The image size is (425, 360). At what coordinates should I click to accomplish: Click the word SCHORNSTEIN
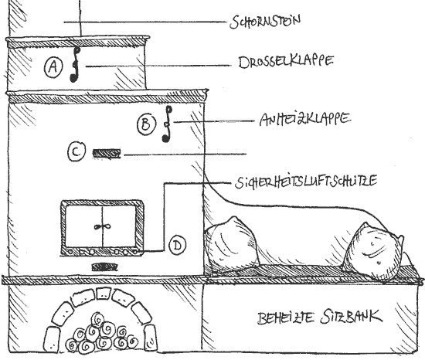coord(265,21)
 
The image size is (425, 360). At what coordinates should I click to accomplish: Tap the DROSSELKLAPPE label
coord(286,62)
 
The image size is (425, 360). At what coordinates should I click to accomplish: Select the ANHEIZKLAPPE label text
coord(305,120)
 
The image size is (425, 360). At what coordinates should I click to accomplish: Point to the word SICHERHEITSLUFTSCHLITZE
coord(306,182)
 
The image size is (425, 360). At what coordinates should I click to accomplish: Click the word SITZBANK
coord(352,317)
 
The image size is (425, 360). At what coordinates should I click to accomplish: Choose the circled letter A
coord(53,66)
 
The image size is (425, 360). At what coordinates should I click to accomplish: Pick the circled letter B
coord(147,124)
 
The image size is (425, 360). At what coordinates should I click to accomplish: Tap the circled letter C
coord(76,152)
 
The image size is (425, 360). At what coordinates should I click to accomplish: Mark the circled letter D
coord(178,246)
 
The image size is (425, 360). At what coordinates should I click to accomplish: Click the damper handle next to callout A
coord(75,64)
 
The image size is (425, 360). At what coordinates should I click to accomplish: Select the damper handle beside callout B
coord(167,124)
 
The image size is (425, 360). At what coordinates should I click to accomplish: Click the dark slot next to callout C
coord(107,153)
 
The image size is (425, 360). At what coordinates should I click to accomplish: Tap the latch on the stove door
coord(102,226)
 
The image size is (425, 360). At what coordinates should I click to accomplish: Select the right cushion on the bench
coord(373,251)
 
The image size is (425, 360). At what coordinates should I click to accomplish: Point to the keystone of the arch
coord(103,294)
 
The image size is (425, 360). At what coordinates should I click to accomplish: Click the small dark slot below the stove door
coord(104,267)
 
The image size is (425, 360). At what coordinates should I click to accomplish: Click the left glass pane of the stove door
coord(83,226)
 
